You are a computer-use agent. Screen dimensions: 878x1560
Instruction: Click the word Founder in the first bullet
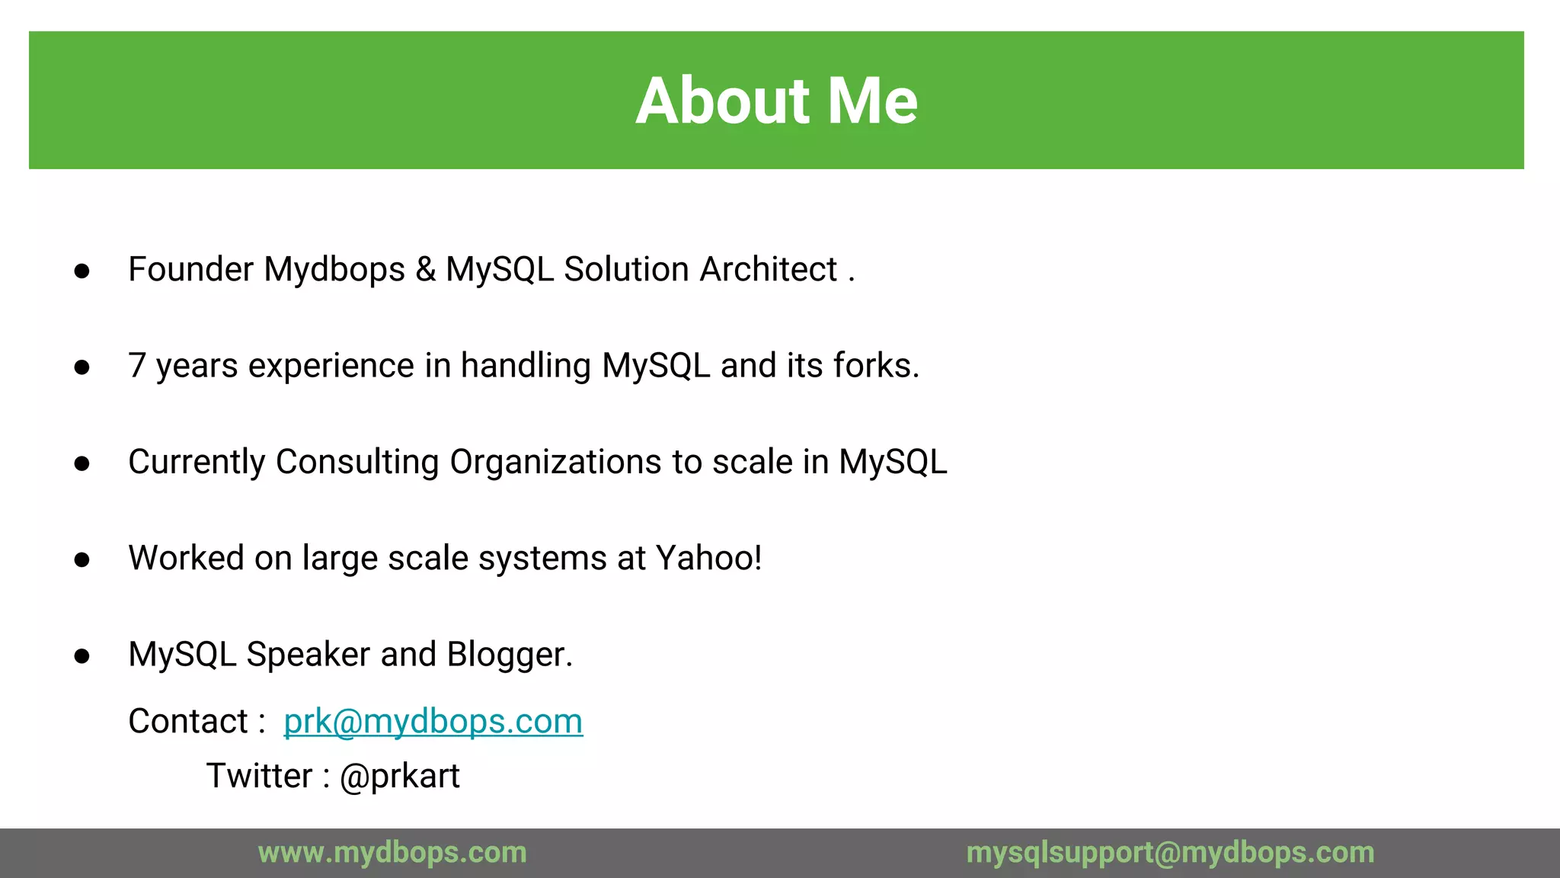point(190,269)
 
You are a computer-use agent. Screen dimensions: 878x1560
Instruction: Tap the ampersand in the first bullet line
point(426,269)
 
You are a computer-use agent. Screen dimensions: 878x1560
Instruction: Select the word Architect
point(769,269)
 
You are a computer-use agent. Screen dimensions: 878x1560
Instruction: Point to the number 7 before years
point(137,366)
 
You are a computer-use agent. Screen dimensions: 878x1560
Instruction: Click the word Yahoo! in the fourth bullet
point(708,558)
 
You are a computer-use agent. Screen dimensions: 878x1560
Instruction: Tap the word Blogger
point(510,654)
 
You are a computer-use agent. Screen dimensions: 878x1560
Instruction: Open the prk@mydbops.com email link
point(433,721)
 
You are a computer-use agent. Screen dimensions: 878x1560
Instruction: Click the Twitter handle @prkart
point(399,776)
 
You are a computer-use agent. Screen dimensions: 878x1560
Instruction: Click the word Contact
point(188,721)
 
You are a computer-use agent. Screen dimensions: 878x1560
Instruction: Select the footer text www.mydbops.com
point(392,852)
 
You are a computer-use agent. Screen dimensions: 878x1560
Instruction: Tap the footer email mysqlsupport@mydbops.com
point(1170,852)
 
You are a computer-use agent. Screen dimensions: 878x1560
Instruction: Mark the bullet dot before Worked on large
point(82,560)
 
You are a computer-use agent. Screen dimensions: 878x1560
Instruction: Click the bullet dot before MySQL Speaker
point(82,656)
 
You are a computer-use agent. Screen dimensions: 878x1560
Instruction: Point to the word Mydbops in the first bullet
point(334,270)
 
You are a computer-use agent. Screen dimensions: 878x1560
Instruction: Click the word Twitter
point(259,776)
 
